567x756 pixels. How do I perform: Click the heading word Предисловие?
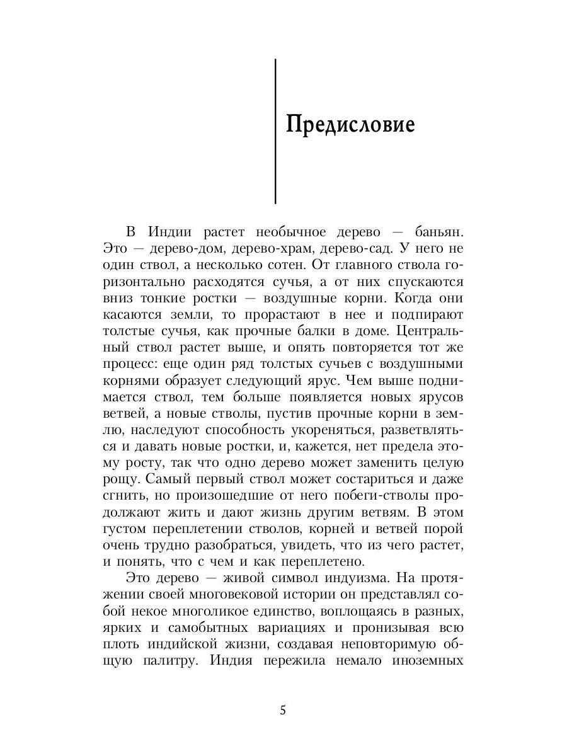(x=350, y=124)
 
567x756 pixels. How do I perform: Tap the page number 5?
(x=283, y=711)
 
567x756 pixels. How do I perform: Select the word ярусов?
(x=435, y=398)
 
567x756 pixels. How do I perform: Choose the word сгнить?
(x=118, y=495)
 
